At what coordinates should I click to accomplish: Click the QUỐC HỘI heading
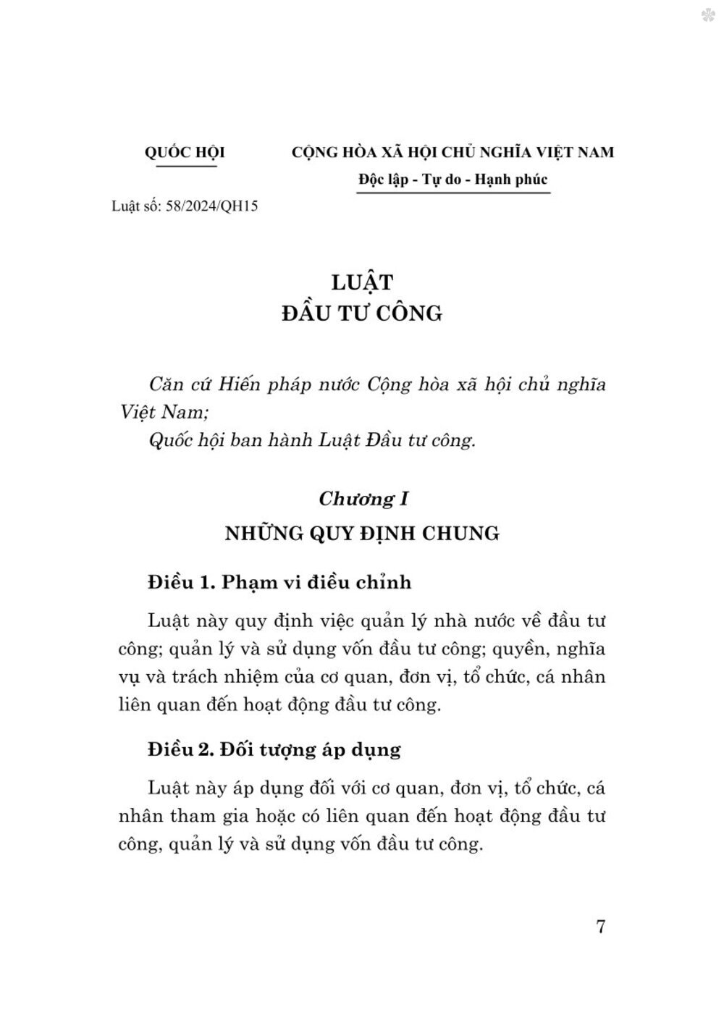click(185, 153)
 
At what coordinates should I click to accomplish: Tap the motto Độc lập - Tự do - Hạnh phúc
click(452, 179)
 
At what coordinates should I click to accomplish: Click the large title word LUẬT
click(361, 282)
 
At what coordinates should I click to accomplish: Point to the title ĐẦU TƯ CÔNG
click(361, 313)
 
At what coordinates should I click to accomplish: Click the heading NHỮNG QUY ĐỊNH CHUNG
click(362, 534)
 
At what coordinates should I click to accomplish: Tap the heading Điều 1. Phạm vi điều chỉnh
click(279, 582)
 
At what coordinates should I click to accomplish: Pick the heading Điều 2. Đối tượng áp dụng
click(274, 749)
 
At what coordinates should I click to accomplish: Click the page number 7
click(600, 927)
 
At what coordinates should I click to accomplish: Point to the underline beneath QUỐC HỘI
click(187, 166)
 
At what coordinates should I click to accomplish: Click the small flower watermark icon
click(707, 14)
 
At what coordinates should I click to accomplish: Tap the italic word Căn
click(164, 384)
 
